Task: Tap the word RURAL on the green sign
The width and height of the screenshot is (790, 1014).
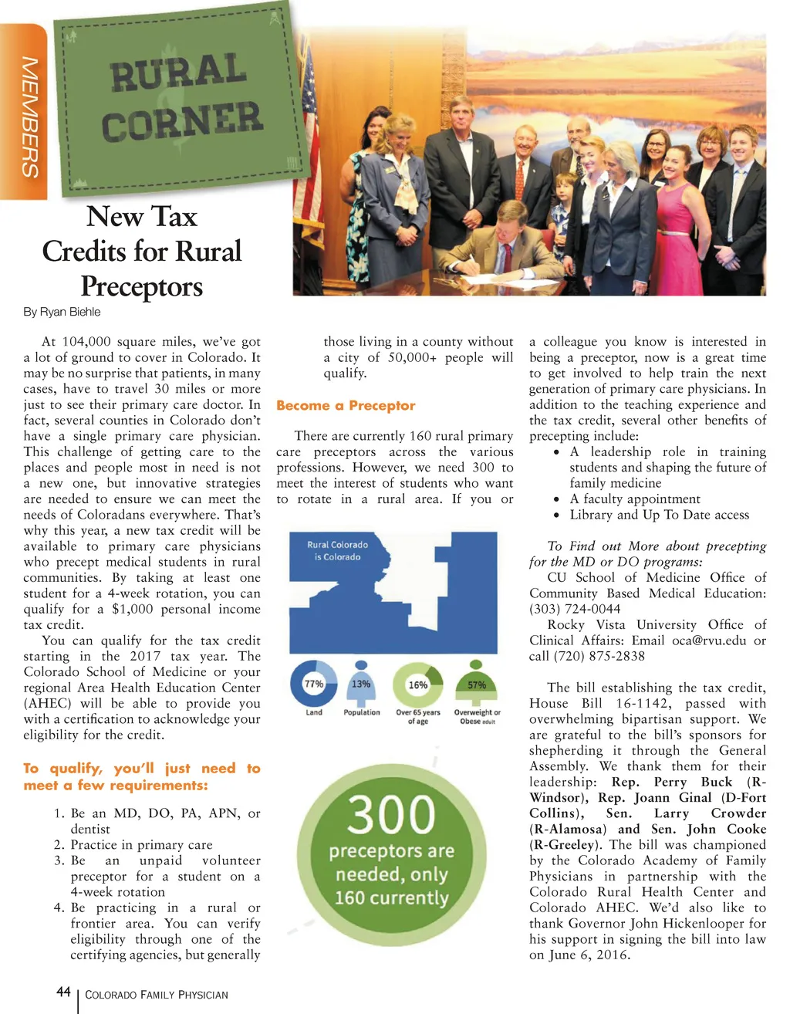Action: (178, 73)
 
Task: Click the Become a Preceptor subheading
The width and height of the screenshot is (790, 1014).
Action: (346, 405)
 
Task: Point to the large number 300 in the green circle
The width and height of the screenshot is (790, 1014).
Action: (391, 814)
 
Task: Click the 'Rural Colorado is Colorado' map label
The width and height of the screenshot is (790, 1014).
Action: (337, 550)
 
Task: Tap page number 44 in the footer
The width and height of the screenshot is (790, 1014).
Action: (64, 992)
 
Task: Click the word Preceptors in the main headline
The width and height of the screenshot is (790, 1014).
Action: (142, 286)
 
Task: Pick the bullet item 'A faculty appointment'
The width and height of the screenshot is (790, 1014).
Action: (635, 499)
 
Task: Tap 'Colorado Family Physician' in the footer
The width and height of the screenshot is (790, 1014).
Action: (157, 995)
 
